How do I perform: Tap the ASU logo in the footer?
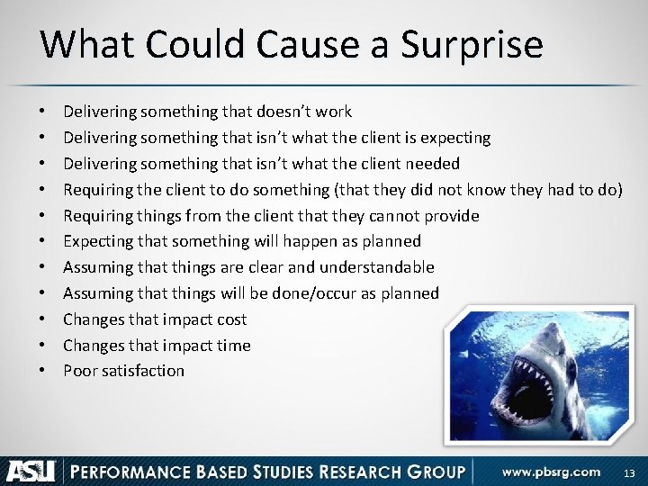pyautogui.click(x=31, y=470)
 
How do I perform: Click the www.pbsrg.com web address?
pyautogui.click(x=552, y=471)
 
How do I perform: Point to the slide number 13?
pyautogui.click(x=628, y=472)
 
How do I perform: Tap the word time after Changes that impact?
pyautogui.click(x=232, y=346)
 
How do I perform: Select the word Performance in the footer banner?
pyautogui.click(x=116, y=471)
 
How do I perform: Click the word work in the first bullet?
pyautogui.click(x=334, y=112)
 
